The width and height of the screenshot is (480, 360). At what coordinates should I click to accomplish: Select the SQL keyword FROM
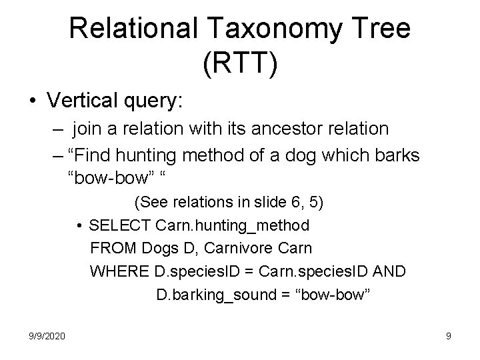click(x=113, y=248)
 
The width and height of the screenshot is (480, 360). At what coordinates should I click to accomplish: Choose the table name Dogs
click(x=158, y=248)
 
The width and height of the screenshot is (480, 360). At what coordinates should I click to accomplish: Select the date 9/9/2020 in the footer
click(x=47, y=337)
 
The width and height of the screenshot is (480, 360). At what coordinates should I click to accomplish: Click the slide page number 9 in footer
click(x=448, y=337)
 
